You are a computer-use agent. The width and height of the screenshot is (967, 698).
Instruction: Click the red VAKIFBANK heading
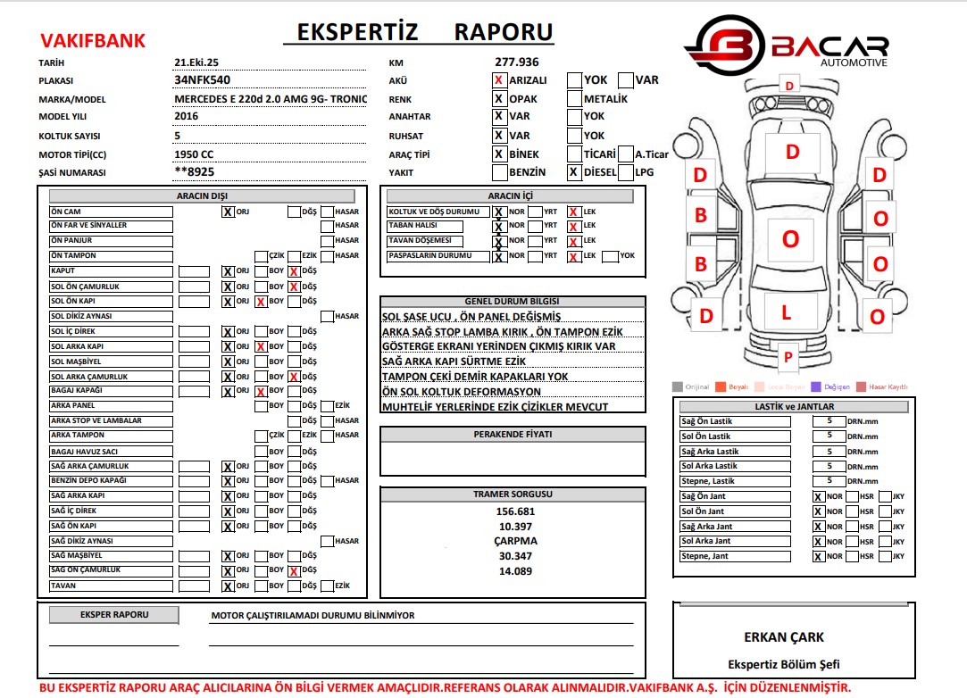tap(92, 40)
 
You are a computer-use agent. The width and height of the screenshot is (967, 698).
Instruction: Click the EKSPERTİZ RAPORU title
tap(419, 32)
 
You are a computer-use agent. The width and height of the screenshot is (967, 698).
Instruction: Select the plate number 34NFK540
tap(202, 79)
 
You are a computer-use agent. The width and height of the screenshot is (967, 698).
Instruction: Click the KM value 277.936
tap(517, 62)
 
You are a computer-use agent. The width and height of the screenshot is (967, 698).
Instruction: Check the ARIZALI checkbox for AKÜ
tap(499, 80)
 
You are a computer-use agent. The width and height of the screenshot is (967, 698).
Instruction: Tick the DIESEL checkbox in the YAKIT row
tap(574, 172)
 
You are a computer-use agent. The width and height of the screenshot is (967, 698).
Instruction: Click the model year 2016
tap(187, 116)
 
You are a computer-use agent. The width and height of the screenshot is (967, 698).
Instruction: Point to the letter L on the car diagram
tap(787, 312)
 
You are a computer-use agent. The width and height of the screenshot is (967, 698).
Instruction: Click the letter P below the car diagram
tap(788, 357)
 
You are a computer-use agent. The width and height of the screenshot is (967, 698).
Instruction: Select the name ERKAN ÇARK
tap(784, 637)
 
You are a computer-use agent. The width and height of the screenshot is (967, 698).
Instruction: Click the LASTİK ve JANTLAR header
tap(788, 406)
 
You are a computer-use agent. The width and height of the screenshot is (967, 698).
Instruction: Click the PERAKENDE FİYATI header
tap(513, 434)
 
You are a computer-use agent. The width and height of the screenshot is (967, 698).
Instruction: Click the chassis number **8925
tap(195, 172)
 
